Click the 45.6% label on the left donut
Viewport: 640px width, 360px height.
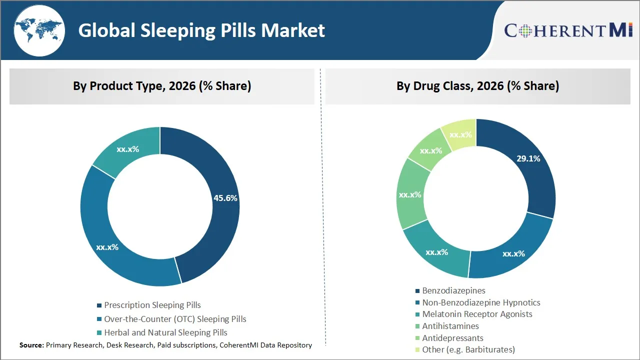click(225, 198)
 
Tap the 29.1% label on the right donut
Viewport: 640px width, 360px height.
click(528, 158)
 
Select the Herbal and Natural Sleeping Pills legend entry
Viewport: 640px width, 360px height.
click(165, 332)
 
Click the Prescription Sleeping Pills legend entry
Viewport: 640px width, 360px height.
click(152, 305)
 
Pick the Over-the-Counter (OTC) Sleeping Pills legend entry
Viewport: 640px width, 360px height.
click(175, 319)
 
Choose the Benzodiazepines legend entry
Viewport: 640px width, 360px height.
click(453, 290)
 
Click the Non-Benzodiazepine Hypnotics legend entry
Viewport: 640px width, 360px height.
click(481, 302)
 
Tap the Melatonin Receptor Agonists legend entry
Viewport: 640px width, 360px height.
click(477, 314)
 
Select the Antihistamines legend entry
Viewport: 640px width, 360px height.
click(450, 326)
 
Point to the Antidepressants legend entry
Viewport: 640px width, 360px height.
click(452, 338)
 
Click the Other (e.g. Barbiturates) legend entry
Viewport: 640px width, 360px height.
click(468, 349)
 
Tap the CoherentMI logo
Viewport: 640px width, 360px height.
click(568, 30)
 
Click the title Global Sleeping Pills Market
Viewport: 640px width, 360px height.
click(201, 30)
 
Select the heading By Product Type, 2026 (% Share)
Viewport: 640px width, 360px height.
click(162, 86)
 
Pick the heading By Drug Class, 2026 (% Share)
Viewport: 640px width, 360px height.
click(477, 86)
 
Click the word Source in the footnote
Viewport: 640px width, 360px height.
click(31, 345)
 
